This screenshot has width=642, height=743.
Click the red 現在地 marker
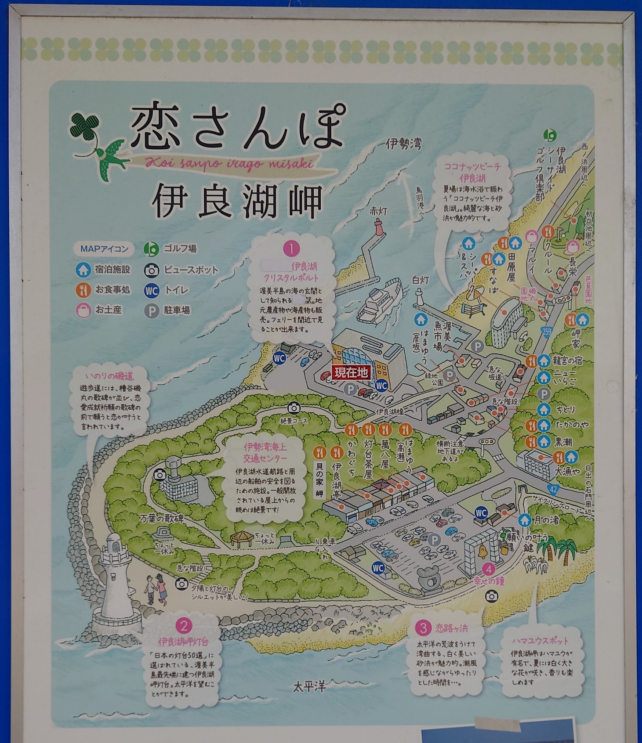351,373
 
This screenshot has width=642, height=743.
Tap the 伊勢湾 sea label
403,144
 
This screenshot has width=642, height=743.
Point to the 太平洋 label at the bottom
309,687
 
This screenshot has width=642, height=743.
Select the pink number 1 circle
291,249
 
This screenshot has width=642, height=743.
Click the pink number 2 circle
184,626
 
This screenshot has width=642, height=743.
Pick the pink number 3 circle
423,628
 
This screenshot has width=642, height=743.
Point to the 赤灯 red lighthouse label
378,211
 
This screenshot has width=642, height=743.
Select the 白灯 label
420,280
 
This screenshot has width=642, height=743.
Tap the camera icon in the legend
152,270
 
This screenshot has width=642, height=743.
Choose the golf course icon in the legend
152,249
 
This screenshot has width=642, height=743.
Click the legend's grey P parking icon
152,311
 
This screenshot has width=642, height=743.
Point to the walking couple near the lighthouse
156,591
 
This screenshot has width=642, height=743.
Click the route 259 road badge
546,332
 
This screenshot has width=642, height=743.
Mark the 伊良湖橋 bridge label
390,412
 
